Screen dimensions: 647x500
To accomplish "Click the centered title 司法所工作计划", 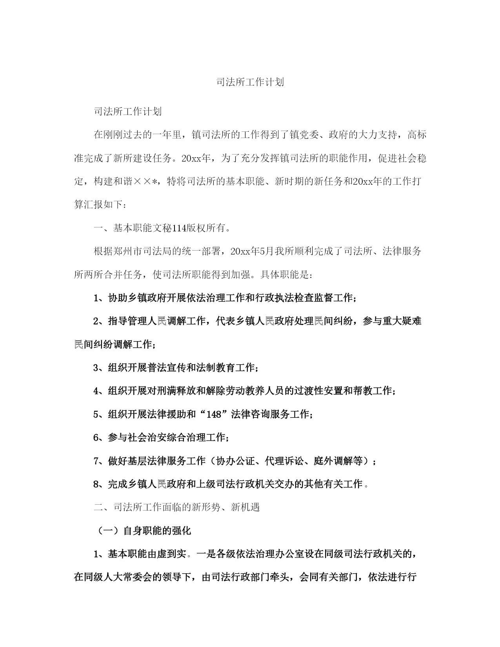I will [x=250, y=82].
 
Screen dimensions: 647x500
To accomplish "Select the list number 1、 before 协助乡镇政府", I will [x=100, y=298].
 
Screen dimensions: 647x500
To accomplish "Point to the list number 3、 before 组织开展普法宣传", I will [x=100, y=368].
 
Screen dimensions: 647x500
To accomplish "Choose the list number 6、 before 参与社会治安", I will [x=100, y=438].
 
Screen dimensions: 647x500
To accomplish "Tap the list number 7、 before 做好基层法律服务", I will [x=100, y=461].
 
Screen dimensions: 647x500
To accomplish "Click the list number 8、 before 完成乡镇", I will [x=100, y=484].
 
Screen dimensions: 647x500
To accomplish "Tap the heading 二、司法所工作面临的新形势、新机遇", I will [x=177, y=507].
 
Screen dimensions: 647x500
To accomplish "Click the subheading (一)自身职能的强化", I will [x=144, y=531].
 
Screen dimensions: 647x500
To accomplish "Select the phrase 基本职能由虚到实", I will [x=147, y=554].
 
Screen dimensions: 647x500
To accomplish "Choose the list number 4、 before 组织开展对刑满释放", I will [x=100, y=391].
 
